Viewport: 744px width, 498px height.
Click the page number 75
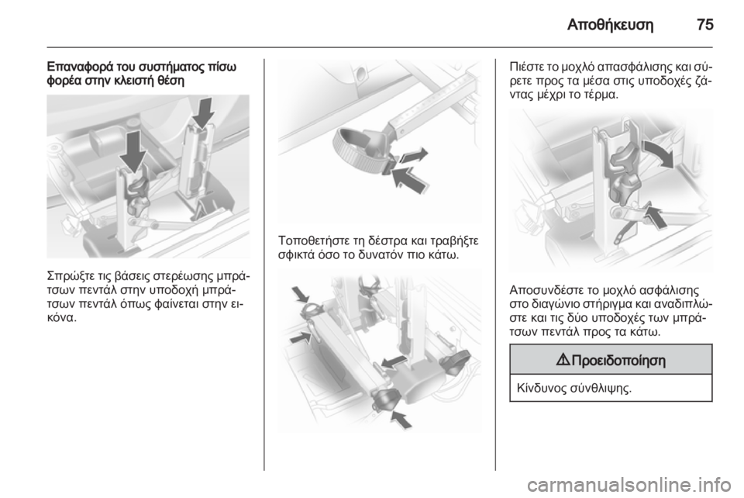[705, 24]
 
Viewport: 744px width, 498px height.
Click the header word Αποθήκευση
[610, 25]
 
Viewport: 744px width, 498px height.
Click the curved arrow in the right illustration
[658, 153]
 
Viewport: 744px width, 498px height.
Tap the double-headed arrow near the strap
[413, 156]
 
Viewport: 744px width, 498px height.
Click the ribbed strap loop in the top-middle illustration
[356, 150]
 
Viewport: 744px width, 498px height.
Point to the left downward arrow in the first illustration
[133, 152]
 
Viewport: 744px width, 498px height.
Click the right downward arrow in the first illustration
[204, 112]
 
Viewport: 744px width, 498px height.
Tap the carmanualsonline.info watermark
[629, 484]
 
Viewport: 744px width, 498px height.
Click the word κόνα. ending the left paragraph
[62, 316]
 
